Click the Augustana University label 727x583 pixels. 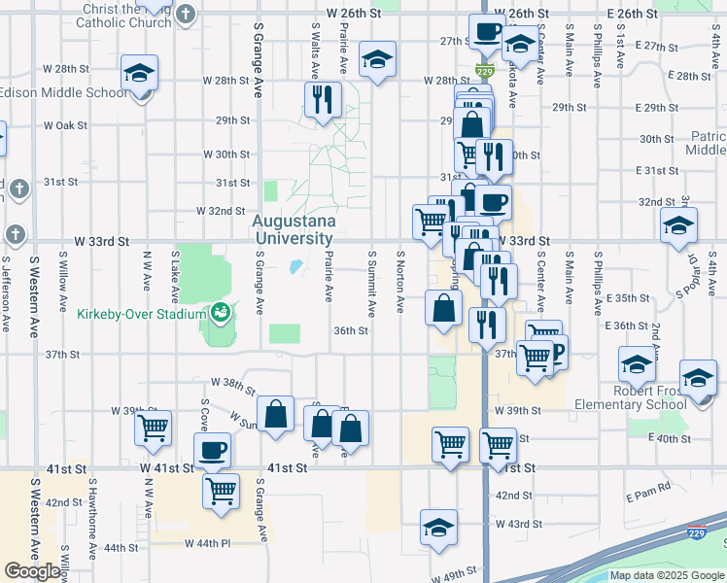point(294,228)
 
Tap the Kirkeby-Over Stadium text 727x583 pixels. point(140,313)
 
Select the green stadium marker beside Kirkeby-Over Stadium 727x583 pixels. point(220,313)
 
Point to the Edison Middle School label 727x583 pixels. point(64,93)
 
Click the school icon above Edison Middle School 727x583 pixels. point(140,72)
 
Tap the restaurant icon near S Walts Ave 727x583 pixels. point(321,99)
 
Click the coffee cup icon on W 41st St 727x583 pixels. point(212,450)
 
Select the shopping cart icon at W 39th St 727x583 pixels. point(153,427)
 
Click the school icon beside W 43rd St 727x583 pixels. point(439,528)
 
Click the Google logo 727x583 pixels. point(33,571)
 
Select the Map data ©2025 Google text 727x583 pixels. point(667,575)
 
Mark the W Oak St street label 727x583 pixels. point(64,125)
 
